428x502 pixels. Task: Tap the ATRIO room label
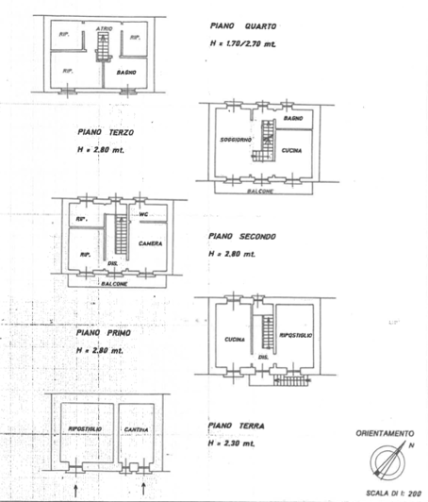105,28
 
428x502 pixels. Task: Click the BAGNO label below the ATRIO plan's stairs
126,72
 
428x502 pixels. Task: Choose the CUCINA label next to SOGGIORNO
291,150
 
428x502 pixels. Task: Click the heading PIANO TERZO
103,133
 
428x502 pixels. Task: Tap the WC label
144,214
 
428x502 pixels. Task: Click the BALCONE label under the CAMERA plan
118,281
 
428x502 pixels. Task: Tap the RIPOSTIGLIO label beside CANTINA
85,429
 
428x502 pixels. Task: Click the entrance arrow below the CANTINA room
142,489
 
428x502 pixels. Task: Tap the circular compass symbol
387,461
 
